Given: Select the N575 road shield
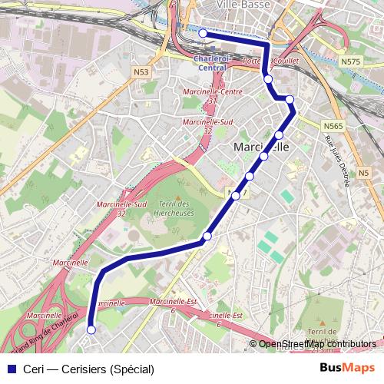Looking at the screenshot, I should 350,61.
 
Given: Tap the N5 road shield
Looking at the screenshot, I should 363,174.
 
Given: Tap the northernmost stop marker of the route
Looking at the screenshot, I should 203,34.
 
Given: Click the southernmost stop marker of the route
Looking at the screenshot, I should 91,329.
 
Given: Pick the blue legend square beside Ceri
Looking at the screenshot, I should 9,369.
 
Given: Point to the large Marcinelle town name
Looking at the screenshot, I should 260,147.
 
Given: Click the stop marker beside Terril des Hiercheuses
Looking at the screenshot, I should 207,236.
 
